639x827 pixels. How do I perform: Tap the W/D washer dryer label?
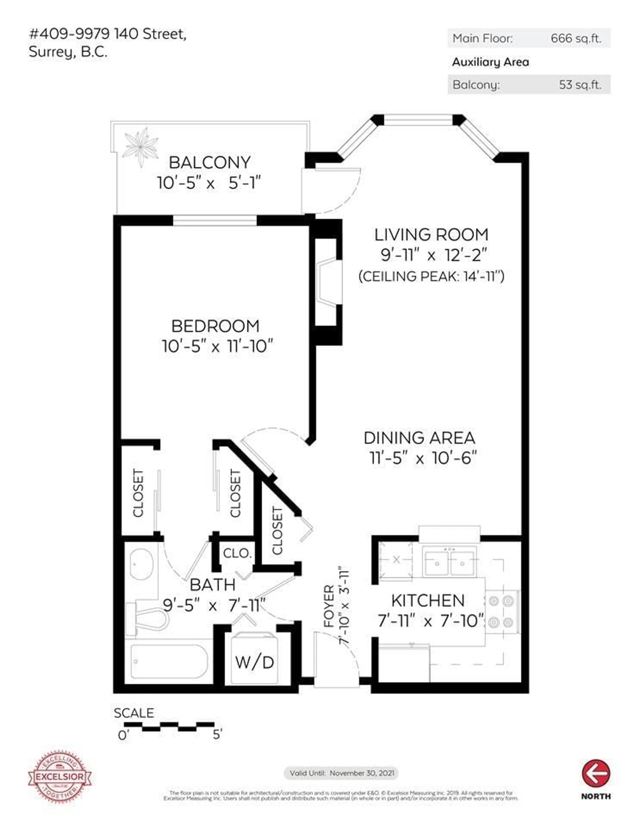click(254, 662)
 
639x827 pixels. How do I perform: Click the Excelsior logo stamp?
click(60, 777)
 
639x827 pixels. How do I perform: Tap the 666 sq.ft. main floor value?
click(576, 38)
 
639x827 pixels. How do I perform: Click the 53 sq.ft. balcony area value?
click(580, 84)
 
